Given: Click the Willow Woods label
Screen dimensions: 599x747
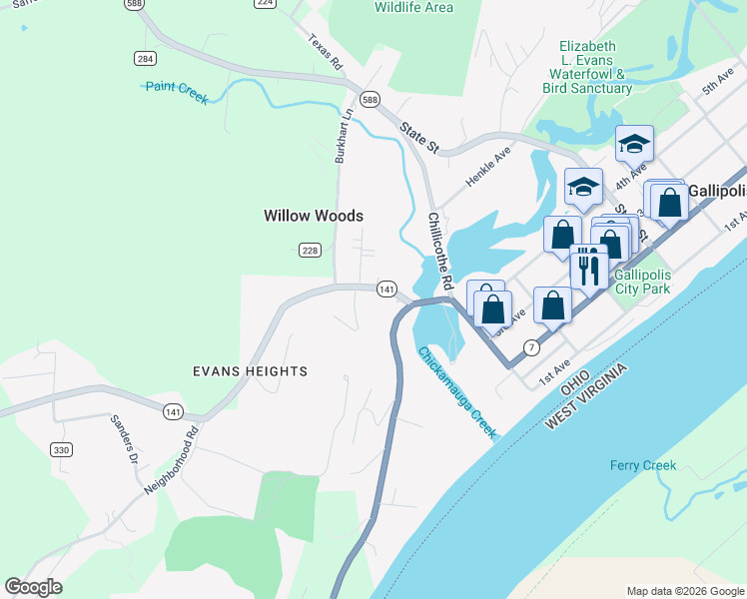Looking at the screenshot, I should click(x=313, y=216).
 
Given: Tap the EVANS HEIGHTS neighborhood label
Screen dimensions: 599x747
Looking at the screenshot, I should click(x=250, y=371).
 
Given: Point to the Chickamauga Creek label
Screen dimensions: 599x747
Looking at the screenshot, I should click(x=457, y=391).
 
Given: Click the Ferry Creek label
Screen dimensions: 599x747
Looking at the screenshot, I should click(x=643, y=465).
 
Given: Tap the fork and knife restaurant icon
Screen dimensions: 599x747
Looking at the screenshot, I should click(x=588, y=268).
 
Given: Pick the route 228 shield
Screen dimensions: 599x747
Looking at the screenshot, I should click(x=310, y=251).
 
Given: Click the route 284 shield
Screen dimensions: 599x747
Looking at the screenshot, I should click(x=146, y=59).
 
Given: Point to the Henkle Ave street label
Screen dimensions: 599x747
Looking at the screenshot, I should click(x=488, y=168).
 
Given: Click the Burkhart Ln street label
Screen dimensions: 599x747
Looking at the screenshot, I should click(x=344, y=135).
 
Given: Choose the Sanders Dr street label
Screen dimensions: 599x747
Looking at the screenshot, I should click(x=126, y=439).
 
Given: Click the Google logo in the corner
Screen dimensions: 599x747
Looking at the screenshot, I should click(x=33, y=587).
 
